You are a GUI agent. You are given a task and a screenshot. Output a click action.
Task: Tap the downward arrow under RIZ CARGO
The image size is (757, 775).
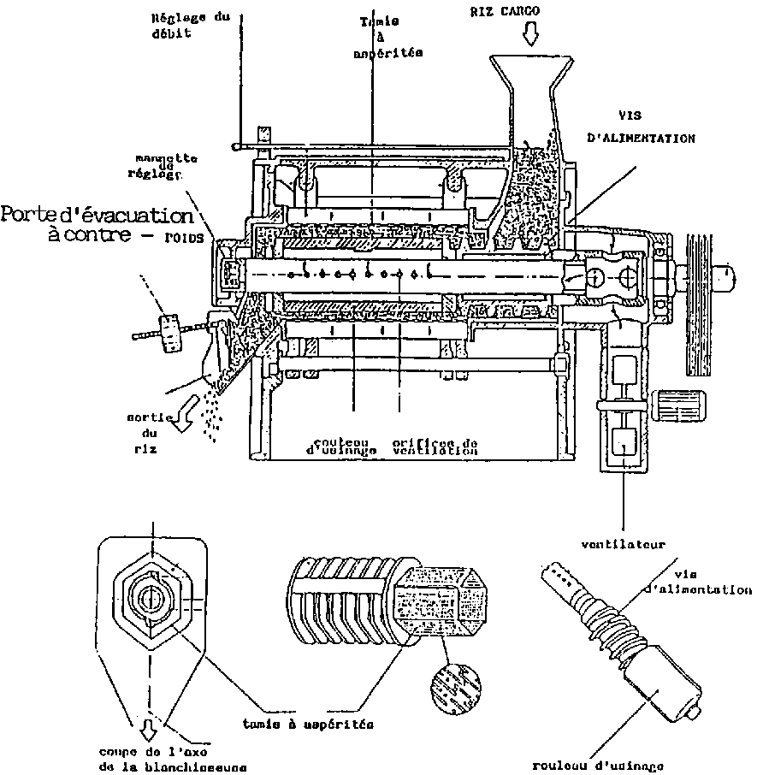pyautogui.click(x=531, y=35)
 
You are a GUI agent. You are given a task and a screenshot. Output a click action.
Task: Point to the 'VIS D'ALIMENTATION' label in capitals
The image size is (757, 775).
pyautogui.click(x=642, y=126)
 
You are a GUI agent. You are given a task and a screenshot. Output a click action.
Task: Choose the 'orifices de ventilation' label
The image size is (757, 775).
pyautogui.click(x=435, y=446)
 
